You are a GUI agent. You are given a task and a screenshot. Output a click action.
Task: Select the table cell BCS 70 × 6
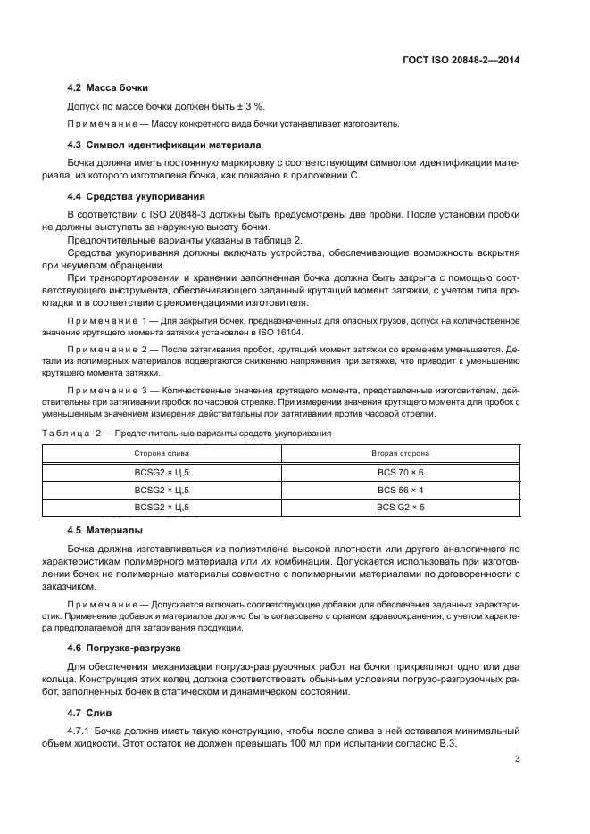coord(399,472)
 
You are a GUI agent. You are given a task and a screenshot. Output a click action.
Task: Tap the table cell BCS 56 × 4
coord(399,490)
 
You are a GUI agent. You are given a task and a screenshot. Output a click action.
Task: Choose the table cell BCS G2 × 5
coord(399,508)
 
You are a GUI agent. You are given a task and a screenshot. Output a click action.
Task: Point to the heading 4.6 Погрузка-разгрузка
coord(127,648)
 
